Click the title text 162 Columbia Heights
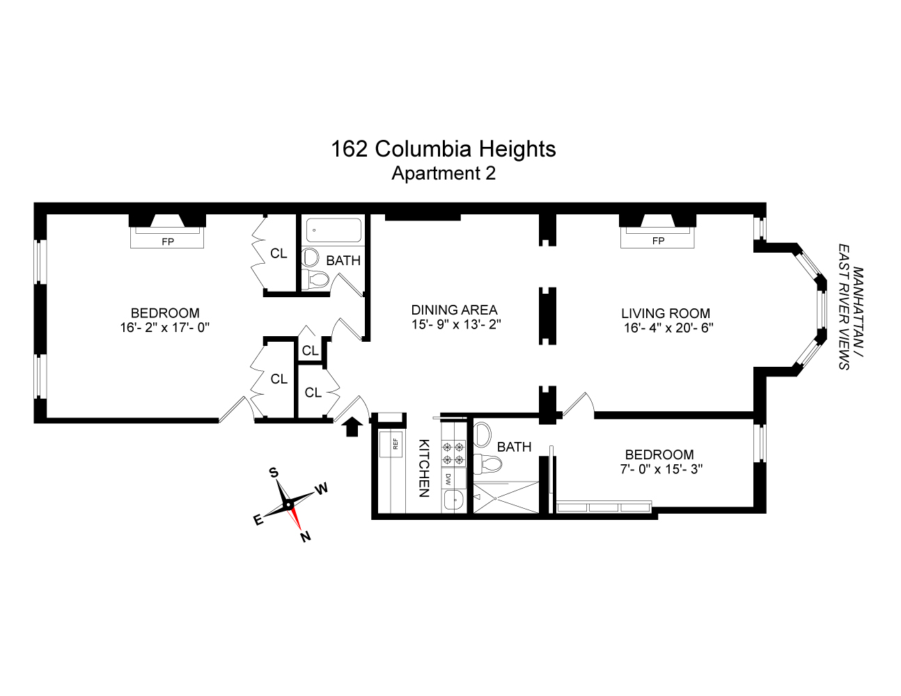[443, 149]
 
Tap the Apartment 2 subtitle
[443, 173]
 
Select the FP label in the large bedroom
[168, 242]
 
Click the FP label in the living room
[658, 242]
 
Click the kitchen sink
[453, 500]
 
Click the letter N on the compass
[305, 537]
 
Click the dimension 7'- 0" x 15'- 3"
[660, 469]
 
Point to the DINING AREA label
[454, 310]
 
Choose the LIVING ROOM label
[666, 313]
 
